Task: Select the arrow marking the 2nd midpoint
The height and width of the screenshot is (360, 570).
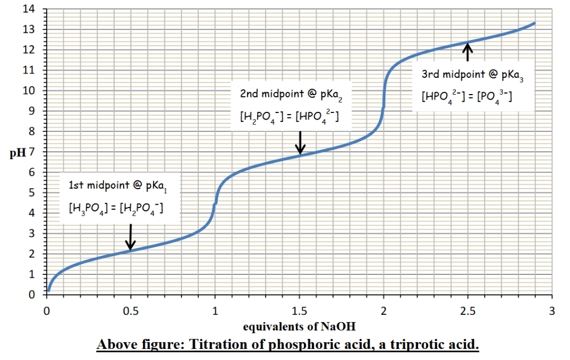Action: [300, 141]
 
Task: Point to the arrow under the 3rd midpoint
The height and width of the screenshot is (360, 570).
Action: [468, 52]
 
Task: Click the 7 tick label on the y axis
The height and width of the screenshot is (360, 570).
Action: [37, 152]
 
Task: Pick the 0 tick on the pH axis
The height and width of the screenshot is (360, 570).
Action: [37, 295]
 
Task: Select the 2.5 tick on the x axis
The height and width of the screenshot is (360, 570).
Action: [468, 310]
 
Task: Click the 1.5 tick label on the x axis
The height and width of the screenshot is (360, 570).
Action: [299, 310]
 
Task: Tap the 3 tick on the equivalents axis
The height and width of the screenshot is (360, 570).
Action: [552, 310]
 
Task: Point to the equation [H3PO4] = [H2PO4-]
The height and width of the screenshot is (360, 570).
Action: [116, 209]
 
